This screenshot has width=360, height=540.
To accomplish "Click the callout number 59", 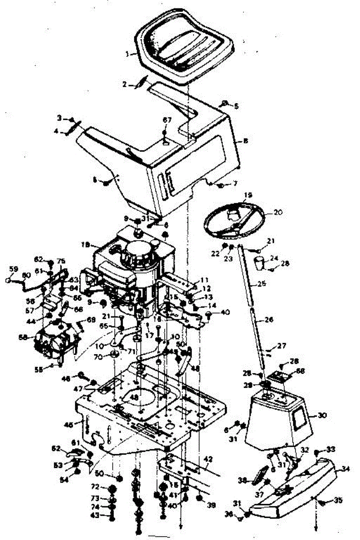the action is [x=14, y=269].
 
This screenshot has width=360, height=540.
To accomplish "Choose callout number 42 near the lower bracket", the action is [x=207, y=459].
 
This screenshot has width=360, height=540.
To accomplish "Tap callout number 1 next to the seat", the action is [x=128, y=53].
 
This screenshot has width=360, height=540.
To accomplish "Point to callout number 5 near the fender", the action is [x=236, y=106].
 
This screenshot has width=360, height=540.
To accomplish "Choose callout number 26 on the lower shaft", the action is [x=269, y=320].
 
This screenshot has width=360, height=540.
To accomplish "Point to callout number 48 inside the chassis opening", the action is [x=133, y=397].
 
